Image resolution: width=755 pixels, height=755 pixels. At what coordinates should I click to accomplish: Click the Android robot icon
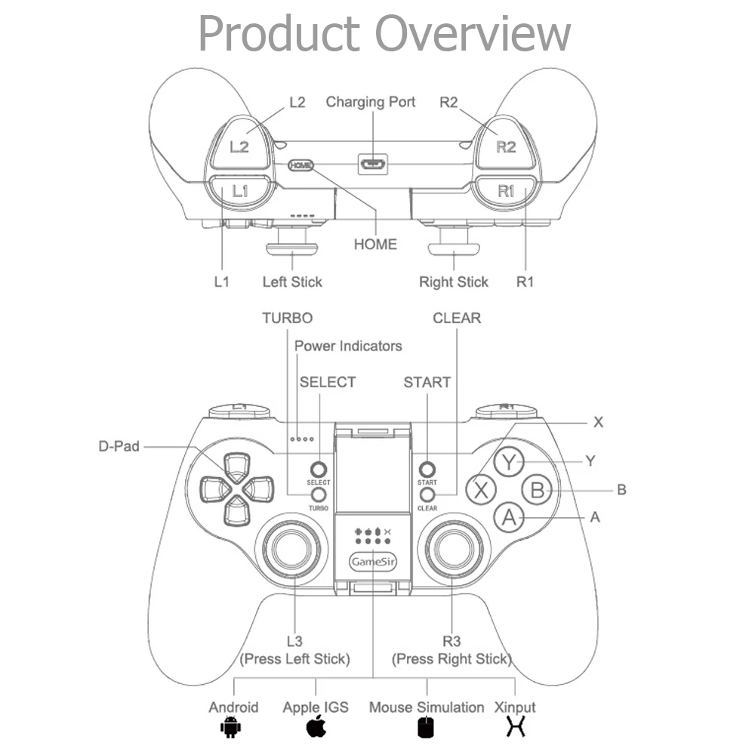tap(229, 727)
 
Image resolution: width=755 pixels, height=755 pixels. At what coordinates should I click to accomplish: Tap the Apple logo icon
tap(316, 727)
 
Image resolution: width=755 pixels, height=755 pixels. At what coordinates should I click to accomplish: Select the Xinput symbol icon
tap(516, 727)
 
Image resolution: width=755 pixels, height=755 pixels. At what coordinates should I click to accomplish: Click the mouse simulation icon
tap(427, 728)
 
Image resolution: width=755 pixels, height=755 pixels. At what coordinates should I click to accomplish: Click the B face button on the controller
tap(537, 489)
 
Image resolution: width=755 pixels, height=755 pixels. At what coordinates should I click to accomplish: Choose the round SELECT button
tap(319, 468)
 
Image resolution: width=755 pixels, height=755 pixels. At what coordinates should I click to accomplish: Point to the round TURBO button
tap(319, 494)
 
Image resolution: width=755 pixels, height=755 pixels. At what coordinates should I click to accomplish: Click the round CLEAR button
tap(427, 494)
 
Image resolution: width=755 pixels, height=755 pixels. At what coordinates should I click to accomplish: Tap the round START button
tap(427, 468)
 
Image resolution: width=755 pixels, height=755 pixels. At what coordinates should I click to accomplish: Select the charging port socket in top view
tap(373, 164)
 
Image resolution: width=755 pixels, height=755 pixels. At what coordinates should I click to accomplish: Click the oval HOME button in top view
tap(300, 165)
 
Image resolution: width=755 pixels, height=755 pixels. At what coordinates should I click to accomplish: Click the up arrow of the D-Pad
tap(237, 464)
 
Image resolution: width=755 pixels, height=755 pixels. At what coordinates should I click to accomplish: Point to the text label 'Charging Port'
tap(371, 102)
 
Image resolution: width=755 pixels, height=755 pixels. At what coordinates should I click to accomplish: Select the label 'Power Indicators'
tap(348, 346)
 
